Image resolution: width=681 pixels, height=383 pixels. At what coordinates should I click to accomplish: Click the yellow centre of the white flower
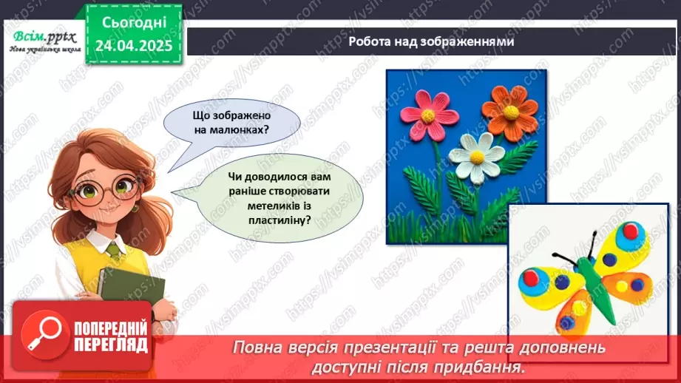click(x=478, y=156)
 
